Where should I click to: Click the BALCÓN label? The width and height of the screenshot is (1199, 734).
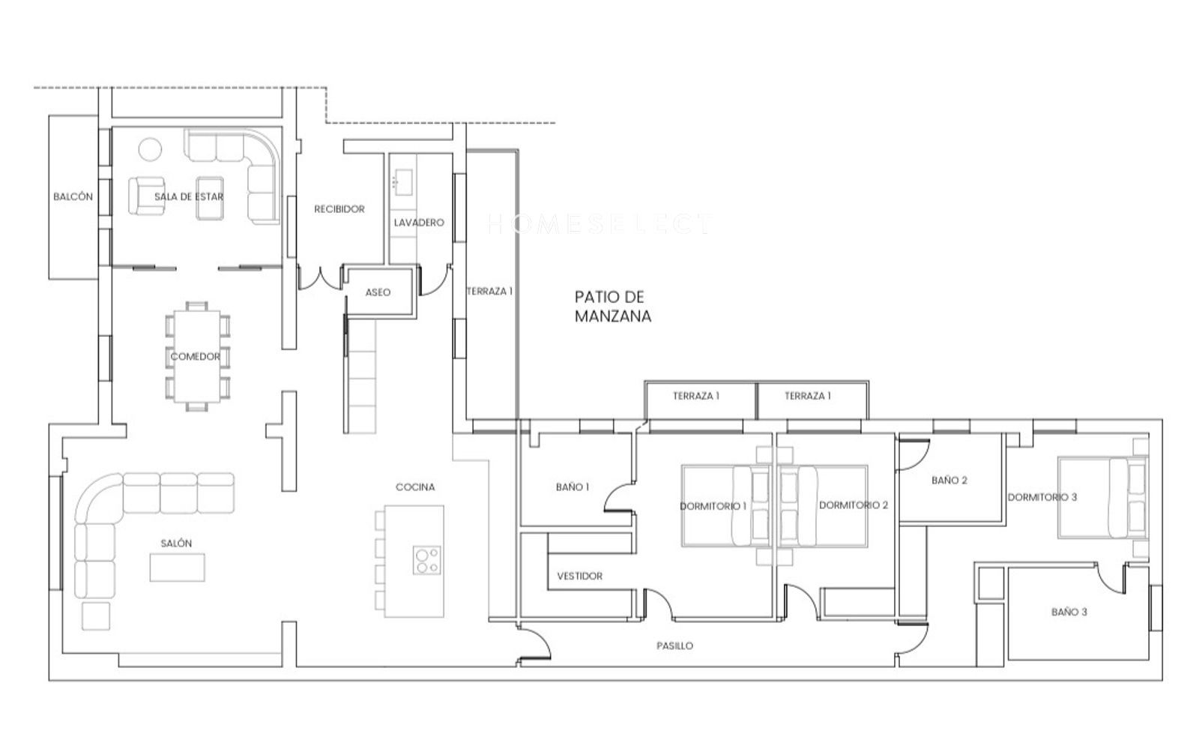(73, 197)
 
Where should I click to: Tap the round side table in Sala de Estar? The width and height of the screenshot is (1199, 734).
(150, 149)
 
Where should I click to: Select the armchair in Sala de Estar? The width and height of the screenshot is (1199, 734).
(146, 196)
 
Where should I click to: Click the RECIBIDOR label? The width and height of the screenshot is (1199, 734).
(339, 209)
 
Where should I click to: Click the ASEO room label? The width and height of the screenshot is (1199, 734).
(378, 292)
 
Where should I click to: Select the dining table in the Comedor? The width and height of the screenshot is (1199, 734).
(197, 357)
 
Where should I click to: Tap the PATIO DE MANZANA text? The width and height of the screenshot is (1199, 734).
(613, 307)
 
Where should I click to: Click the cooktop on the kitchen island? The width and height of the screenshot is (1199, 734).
(427, 560)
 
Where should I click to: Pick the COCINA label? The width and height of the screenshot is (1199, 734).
(415, 487)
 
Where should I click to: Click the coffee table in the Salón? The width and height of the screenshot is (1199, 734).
(177, 567)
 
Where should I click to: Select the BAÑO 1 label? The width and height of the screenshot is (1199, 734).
(573, 487)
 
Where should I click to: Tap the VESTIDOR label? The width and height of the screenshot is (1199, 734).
(580, 576)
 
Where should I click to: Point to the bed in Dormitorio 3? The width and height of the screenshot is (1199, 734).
(1102, 497)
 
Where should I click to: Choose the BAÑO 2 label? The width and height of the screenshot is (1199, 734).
(949, 481)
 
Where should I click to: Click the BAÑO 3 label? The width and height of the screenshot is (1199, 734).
(1069, 612)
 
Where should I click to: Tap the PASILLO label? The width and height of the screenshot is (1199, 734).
(674, 646)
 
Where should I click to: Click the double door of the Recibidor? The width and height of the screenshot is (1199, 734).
(320, 278)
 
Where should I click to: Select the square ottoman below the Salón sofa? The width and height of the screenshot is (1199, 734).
(96, 616)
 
